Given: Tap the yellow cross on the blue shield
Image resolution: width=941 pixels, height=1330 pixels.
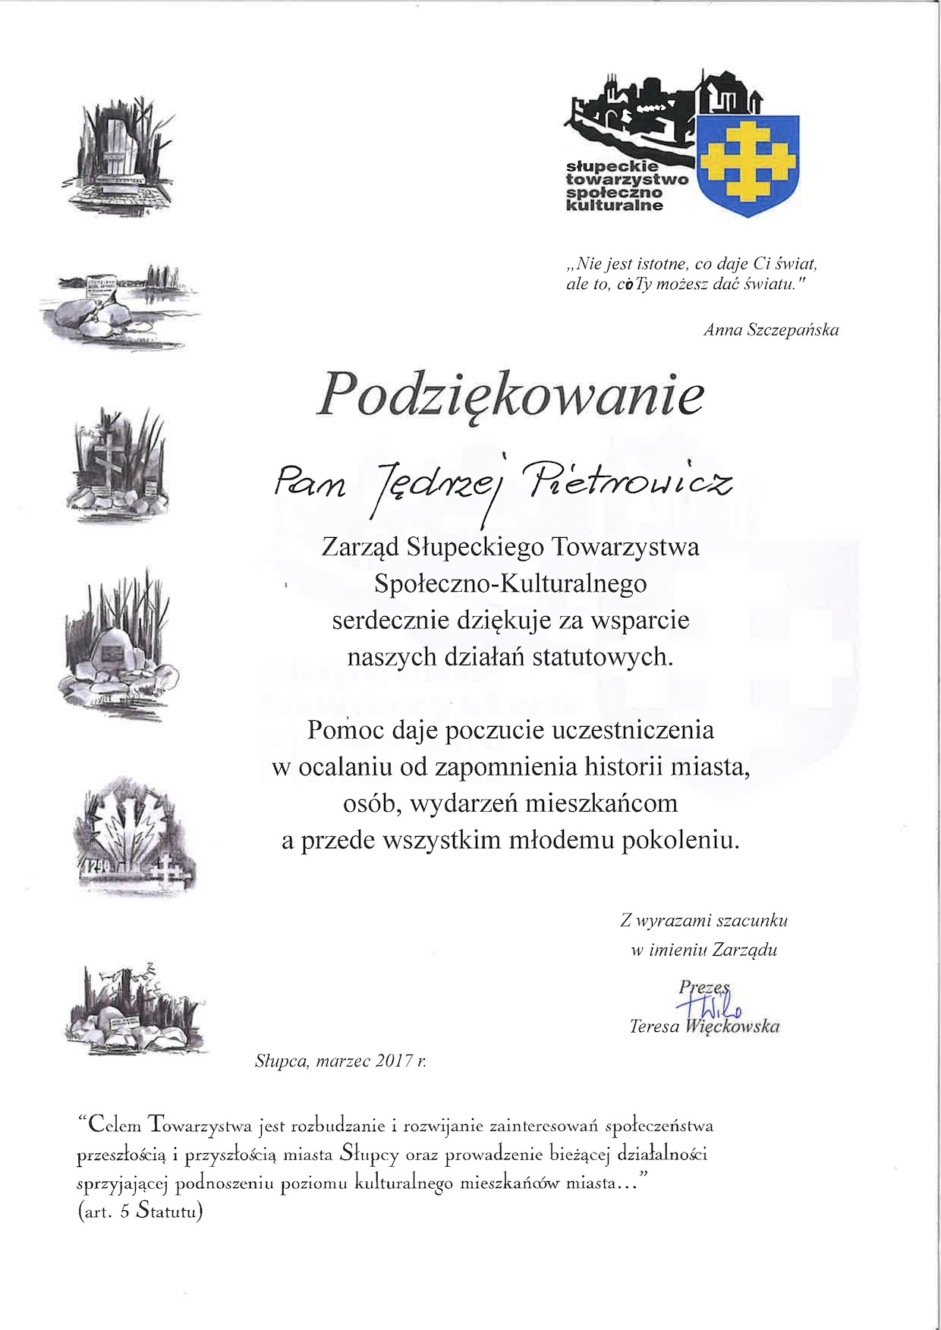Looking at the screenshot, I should [747, 160].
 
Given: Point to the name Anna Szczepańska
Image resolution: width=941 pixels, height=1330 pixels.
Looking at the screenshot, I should [771, 330].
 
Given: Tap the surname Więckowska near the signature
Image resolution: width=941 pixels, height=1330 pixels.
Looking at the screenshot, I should [732, 1027].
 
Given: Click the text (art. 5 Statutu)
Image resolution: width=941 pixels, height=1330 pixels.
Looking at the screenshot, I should [140, 1212].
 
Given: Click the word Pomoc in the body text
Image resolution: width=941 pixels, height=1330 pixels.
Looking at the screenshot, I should [341, 730].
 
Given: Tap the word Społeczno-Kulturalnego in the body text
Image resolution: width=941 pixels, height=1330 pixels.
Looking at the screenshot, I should [510, 583].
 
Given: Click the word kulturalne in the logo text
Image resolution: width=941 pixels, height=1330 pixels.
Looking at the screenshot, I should [615, 205].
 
